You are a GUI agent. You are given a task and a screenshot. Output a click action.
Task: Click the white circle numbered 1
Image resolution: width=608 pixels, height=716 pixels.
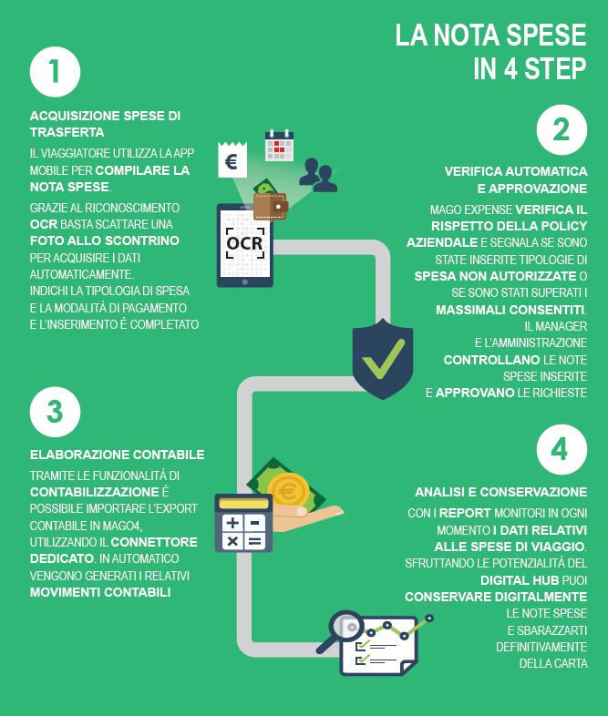pos(55,72)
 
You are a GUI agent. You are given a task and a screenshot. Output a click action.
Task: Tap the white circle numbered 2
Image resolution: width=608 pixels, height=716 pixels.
pos(562,129)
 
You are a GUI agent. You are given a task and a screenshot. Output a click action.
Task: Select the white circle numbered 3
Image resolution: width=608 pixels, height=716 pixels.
pos(55,412)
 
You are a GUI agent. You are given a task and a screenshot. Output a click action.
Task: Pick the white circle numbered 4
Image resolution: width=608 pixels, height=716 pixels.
pos(562,450)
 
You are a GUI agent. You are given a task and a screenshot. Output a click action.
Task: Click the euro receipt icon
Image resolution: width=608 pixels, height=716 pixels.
pos(232,159)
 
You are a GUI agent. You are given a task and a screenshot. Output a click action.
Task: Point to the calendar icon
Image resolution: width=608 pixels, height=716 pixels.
pos(279,146)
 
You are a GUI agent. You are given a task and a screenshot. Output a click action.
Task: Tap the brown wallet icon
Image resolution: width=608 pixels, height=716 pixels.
pos(271,207)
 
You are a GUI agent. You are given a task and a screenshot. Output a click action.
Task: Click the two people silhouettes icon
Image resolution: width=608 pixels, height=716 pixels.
pos(318,175)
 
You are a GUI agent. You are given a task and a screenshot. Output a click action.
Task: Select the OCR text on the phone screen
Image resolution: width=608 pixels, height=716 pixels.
pos(245,243)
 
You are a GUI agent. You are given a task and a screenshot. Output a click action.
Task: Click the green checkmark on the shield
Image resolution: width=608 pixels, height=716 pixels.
pos(383,359)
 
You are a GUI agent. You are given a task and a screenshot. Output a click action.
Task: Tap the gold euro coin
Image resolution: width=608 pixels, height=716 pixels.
pos(288,490)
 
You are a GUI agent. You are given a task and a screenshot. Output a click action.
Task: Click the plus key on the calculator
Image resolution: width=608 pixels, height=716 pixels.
pos(232,522)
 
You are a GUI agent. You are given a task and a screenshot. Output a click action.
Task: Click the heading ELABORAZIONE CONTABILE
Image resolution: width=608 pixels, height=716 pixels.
pos(118,455)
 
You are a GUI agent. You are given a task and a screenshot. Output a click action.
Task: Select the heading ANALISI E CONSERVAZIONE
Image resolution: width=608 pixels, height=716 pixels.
pos(501,492)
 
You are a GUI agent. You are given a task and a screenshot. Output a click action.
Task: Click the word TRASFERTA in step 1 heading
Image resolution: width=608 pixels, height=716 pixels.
pos(67,132)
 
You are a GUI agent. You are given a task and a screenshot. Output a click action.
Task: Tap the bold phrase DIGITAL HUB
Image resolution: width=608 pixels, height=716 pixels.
pos(520,580)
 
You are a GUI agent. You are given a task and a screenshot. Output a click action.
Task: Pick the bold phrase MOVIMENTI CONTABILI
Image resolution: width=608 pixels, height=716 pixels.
pos(100,592)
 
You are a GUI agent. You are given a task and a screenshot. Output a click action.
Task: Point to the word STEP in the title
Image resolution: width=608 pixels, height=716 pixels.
pos(555,69)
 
